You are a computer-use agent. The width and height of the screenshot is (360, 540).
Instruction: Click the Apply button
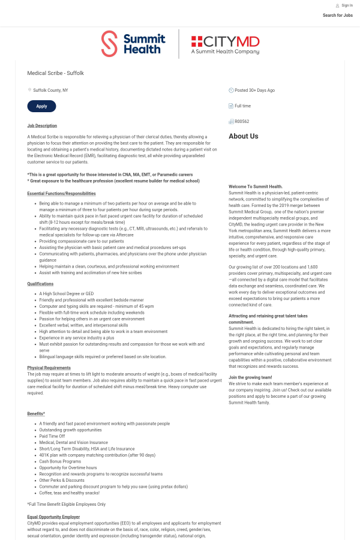41,106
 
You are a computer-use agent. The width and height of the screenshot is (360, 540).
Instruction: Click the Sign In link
347,5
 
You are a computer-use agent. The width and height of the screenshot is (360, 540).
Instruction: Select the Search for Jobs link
337,16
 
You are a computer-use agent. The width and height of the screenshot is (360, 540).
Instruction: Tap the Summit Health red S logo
109,44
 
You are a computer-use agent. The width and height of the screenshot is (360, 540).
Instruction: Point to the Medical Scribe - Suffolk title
55,73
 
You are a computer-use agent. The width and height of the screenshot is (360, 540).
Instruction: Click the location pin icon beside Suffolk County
29,90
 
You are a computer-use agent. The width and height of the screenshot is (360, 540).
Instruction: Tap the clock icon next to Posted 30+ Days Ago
231,90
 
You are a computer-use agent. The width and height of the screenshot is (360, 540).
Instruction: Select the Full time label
242,106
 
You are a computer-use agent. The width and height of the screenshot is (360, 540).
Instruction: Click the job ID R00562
242,121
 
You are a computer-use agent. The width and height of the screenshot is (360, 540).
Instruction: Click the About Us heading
243,136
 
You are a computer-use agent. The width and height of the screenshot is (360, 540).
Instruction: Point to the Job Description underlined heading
42,126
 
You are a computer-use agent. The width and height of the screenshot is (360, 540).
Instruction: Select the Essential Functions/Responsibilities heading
61,194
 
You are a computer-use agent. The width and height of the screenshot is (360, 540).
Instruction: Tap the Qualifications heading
40,284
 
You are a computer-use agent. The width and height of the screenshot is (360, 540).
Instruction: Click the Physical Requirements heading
49,368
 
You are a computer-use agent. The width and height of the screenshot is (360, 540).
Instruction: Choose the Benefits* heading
36,414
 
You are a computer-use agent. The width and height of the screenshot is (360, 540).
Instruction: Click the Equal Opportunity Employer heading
53,517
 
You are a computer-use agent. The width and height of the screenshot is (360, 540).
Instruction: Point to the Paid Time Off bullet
52,436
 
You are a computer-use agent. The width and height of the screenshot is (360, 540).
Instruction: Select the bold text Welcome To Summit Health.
256,187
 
